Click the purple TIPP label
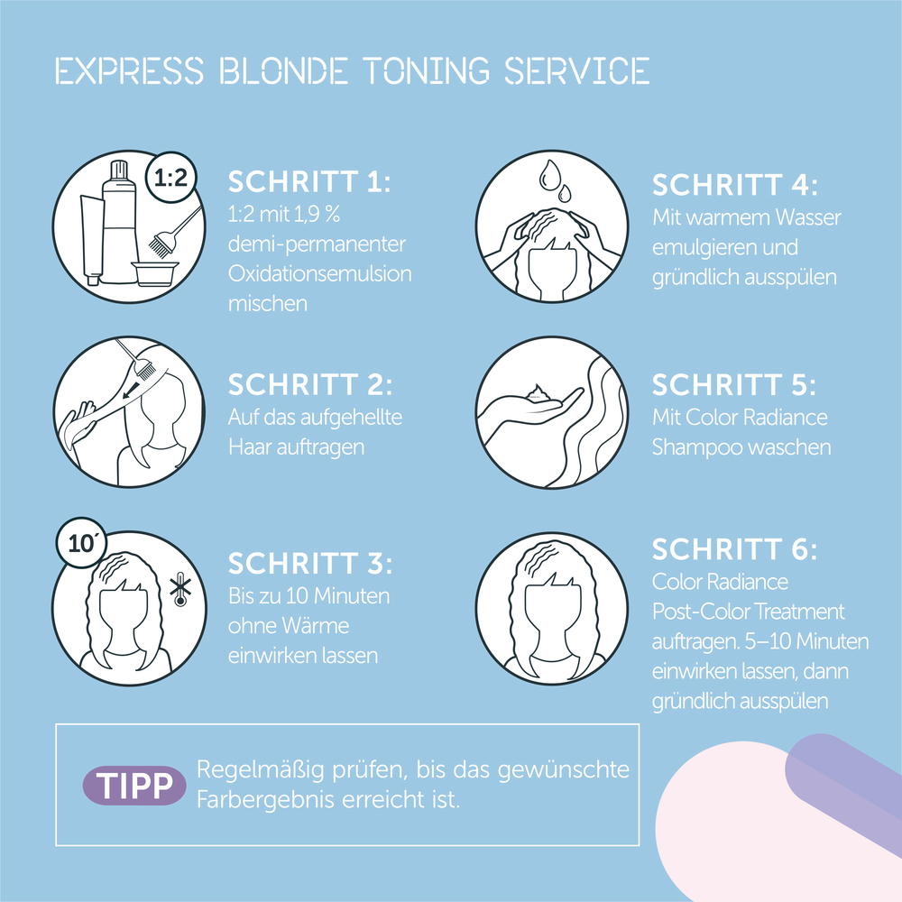point(134,786)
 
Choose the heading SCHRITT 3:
point(310,564)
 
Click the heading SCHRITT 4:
point(734,185)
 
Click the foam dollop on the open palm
point(539,392)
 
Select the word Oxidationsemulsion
point(321,273)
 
